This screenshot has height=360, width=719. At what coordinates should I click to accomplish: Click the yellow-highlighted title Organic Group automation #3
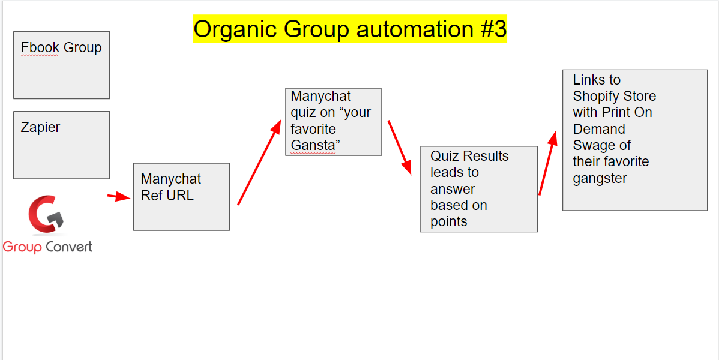(350, 29)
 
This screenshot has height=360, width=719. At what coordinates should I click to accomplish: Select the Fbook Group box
(61, 65)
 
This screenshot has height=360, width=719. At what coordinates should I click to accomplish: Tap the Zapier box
(61, 145)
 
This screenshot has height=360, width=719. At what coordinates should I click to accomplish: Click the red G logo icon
(46, 214)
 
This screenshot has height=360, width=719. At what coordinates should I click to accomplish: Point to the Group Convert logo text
(47, 247)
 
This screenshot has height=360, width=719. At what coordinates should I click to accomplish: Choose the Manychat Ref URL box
(182, 197)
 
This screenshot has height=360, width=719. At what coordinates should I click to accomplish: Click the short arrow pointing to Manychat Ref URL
(119, 197)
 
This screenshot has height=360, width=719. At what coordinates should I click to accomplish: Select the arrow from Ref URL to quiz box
(259, 163)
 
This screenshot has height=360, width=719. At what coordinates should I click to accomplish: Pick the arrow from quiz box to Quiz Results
(399, 148)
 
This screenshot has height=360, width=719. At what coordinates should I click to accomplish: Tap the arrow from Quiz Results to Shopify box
(548, 163)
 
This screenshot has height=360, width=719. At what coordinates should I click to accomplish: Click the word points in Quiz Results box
(448, 222)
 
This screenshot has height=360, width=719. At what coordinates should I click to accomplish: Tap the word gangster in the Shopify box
(600, 179)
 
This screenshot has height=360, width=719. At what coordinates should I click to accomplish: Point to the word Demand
(599, 130)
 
